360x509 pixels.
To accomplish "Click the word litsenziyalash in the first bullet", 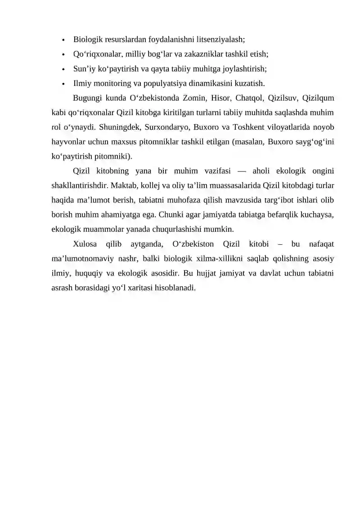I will (220, 39).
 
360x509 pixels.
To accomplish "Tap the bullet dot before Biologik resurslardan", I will (64, 40).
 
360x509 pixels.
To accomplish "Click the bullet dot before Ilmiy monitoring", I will (64, 84).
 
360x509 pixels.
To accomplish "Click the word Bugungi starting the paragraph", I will (87, 99).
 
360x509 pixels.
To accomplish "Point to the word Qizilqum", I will (318, 99).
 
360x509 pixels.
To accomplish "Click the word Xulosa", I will (85, 244).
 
